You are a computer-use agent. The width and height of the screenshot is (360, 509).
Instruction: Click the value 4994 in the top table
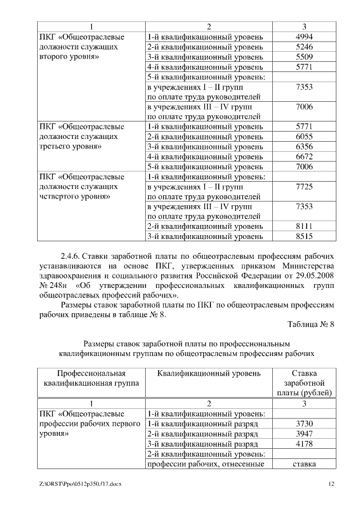pyautogui.click(x=304, y=37)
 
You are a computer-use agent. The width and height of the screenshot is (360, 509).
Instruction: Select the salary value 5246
pyautogui.click(x=304, y=47)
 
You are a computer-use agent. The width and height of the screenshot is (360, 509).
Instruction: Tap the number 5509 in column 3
pyautogui.click(x=304, y=57)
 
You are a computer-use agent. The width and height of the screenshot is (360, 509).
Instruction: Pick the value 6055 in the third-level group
pyautogui.click(x=304, y=137)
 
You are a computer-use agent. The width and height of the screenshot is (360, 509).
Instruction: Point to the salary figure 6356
pyautogui.click(x=304, y=147)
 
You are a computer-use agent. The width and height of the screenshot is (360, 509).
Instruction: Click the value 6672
pyautogui.click(x=304, y=157)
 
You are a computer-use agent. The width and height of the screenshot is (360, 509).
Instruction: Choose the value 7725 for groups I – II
pyautogui.click(x=304, y=187)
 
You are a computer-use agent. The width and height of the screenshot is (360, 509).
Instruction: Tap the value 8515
pyautogui.click(x=304, y=237)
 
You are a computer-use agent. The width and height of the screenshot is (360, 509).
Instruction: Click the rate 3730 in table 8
pyautogui.click(x=304, y=424)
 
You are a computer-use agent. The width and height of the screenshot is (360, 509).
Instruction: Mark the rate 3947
pyautogui.click(x=304, y=434)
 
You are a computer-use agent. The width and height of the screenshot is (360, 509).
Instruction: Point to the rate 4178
pyautogui.click(x=304, y=444)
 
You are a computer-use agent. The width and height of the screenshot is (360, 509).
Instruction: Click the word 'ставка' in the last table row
pyautogui.click(x=304, y=464)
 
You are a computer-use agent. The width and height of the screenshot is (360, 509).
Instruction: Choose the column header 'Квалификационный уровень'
pyautogui.click(x=209, y=373)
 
